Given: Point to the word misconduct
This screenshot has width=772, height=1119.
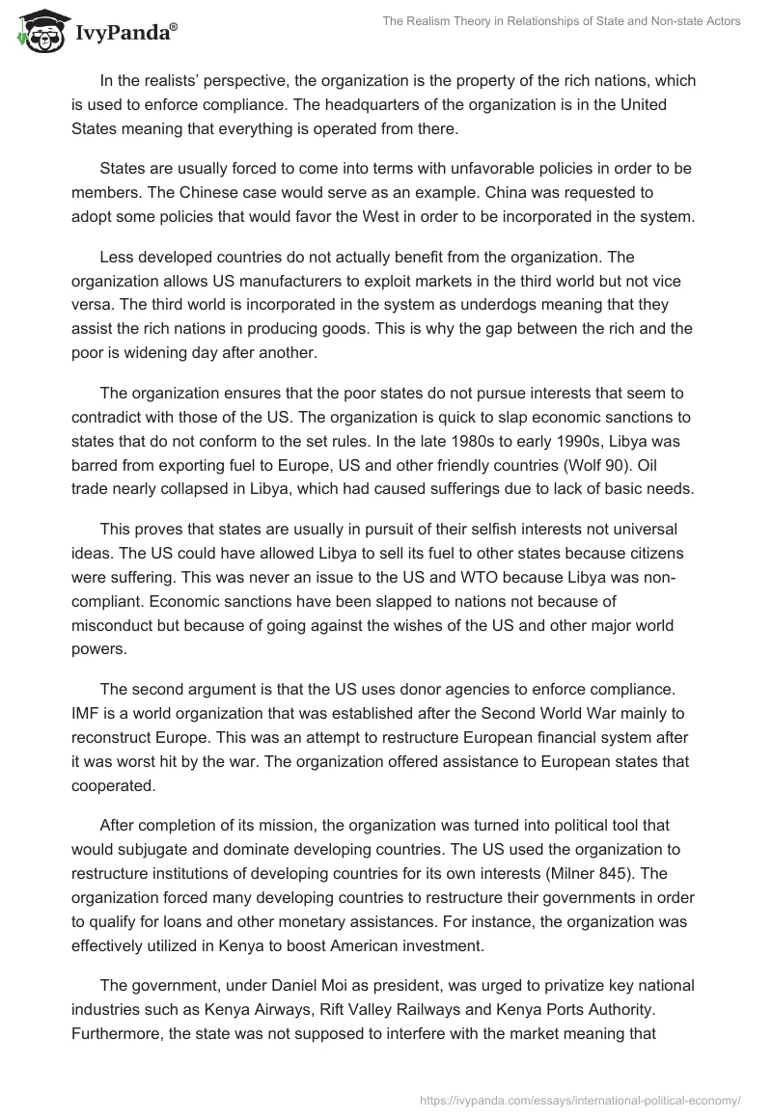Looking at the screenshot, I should (x=115, y=623).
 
